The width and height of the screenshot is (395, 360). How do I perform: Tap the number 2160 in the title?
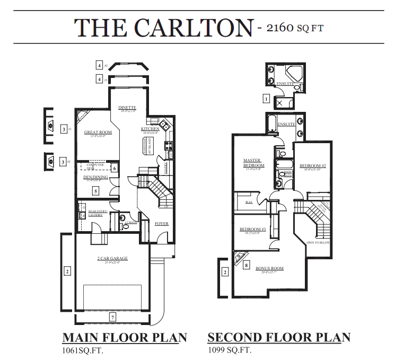tap(278, 27)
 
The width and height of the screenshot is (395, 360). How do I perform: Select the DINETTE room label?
tap(128, 108)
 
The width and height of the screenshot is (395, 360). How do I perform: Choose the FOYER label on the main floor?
tap(161, 224)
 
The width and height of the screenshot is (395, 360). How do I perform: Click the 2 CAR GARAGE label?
tap(112, 258)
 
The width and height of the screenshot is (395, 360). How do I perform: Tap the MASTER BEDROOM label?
tap(250, 162)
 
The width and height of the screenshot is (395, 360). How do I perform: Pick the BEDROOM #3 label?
tap(249, 229)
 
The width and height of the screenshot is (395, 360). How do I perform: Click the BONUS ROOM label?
tap(270, 268)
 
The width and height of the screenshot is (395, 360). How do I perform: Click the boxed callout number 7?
tap(112, 317)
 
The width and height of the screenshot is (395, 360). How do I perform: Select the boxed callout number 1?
tap(266, 98)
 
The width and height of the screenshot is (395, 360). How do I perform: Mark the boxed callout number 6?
tap(115, 169)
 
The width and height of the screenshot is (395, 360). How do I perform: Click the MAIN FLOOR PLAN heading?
tap(125, 337)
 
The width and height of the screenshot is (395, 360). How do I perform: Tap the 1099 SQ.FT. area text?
tap(230, 350)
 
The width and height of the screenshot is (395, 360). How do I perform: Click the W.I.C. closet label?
tap(248, 202)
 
